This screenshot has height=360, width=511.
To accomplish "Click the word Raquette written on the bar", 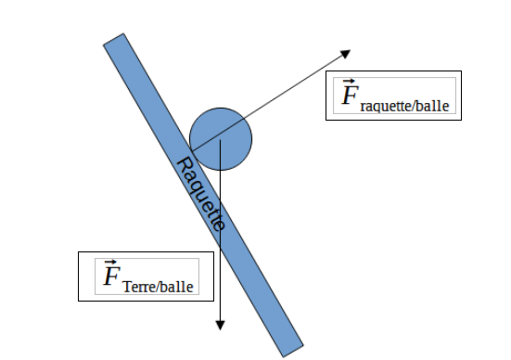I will tap(201, 194).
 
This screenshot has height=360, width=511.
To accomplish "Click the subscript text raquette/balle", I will tap(404, 106).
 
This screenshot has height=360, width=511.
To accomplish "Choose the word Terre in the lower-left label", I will tap(140, 287).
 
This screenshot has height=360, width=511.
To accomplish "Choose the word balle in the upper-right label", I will tap(434, 106).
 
